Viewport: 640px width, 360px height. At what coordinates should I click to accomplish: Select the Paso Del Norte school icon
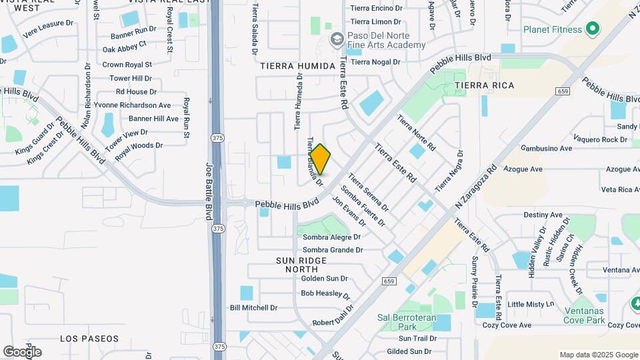tap(336, 40)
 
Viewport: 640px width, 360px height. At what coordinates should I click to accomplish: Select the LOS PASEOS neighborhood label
tap(89, 339)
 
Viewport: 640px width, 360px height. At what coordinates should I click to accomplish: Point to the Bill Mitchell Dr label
tap(253, 308)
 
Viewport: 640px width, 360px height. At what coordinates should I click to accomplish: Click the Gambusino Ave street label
tap(547, 148)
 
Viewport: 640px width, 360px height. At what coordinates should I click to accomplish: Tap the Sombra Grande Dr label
tap(333, 250)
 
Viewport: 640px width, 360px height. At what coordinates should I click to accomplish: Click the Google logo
tap(22, 351)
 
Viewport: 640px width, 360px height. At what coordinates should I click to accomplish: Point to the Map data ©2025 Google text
tap(599, 355)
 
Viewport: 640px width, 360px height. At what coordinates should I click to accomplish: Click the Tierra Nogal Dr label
tap(375, 62)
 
